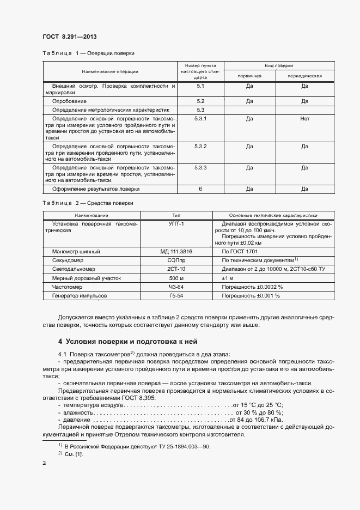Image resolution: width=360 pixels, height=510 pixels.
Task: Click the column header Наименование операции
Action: [x=110, y=72]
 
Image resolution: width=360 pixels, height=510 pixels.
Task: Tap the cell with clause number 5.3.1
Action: [x=200, y=119]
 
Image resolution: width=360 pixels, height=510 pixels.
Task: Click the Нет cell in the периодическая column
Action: [x=304, y=119]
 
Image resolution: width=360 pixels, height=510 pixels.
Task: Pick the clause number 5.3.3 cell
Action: [x=200, y=167]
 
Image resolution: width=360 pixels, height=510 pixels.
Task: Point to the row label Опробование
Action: [x=69, y=101]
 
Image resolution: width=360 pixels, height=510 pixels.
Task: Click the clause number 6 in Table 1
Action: [x=200, y=189]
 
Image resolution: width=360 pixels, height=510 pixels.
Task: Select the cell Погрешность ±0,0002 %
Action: [x=252, y=287]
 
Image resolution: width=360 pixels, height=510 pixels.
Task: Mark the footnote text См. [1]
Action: [x=74, y=454]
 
